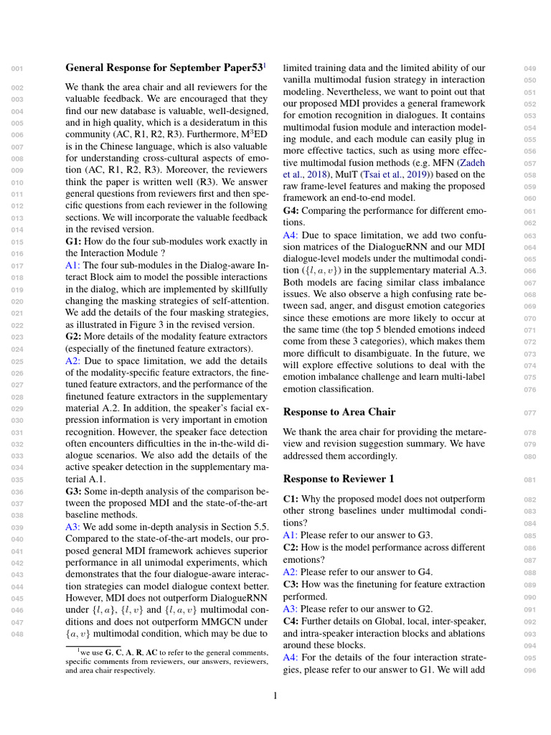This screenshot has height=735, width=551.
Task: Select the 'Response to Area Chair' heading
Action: pyautogui.click(x=339, y=412)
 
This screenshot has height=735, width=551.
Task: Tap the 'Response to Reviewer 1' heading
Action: pyautogui.click(x=339, y=478)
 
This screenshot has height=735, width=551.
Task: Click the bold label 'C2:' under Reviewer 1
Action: pyautogui.click(x=291, y=547)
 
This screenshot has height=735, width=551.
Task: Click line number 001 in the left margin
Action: pyautogui.click(x=18, y=69)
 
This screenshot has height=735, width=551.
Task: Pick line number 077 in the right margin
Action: pyautogui.click(x=530, y=413)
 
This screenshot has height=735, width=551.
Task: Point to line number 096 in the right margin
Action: pyautogui.click(x=530, y=670)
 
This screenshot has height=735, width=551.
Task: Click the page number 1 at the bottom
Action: pyautogui.click(x=275, y=695)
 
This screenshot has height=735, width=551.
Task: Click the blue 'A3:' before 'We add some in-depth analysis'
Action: pyautogui.click(x=72, y=526)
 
